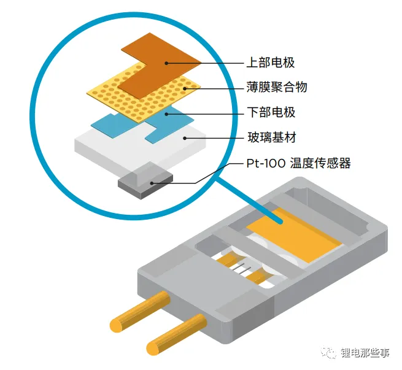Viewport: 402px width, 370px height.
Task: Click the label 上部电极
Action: coord(271,63)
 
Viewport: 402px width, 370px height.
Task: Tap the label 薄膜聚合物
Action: coord(277,87)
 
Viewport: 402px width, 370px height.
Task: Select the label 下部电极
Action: coord(271,112)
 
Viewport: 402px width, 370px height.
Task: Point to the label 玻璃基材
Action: coord(272,137)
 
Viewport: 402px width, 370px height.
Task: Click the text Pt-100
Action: coord(266,163)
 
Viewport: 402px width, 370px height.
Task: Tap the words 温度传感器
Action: coord(320,163)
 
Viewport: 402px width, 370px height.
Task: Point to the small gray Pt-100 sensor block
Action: coord(145,181)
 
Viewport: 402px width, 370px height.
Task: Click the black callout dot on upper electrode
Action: coord(166,63)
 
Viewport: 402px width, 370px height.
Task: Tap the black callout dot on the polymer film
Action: coord(185,88)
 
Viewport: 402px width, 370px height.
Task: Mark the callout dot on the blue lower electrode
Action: coord(166,114)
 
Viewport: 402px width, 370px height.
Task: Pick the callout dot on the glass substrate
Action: coord(185,138)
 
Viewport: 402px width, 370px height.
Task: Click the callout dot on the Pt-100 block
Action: coord(152,183)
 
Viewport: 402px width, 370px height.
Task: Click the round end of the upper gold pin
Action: coord(117,325)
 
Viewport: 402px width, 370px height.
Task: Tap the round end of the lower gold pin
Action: coord(153,349)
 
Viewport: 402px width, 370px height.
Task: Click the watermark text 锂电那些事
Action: coord(365,353)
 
